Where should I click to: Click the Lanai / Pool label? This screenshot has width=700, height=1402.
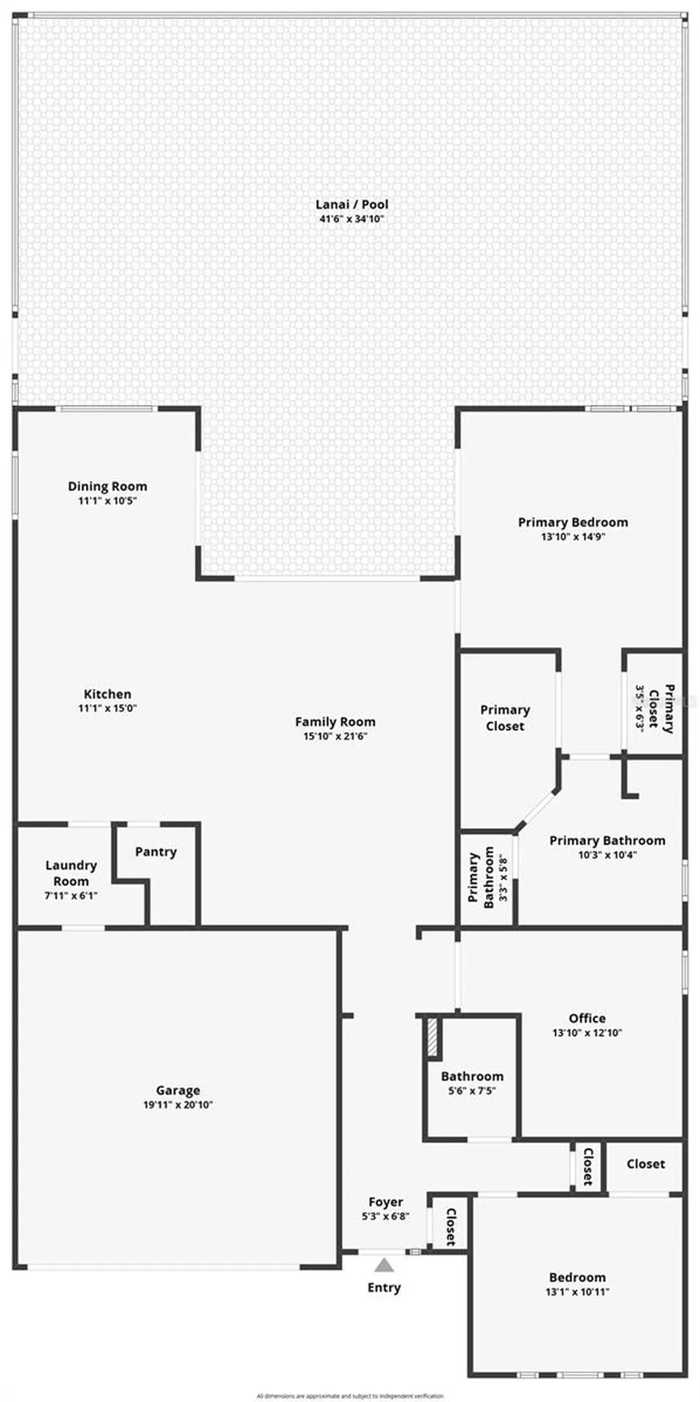351,204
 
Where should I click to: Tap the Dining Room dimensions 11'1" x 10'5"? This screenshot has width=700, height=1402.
107,501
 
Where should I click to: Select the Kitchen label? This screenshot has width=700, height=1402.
107,694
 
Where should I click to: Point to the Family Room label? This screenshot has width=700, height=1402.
335,721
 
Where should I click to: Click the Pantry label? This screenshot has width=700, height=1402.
156,851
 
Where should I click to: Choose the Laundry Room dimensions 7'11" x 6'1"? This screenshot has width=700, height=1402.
71,895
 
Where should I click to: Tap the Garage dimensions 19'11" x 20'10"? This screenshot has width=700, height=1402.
178,1105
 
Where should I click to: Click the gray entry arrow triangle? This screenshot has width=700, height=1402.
384,1265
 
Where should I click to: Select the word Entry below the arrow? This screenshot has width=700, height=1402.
384,1287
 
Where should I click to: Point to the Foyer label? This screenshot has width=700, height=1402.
385,1202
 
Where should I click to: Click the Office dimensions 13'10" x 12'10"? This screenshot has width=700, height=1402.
587,1033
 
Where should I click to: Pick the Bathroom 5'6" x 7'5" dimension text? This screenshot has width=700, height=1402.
472,1091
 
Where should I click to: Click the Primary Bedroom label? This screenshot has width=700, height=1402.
573,522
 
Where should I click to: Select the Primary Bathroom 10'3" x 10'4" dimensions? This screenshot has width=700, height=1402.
607,854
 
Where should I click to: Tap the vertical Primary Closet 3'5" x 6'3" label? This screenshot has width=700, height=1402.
654,708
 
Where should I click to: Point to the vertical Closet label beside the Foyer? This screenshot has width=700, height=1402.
451,1227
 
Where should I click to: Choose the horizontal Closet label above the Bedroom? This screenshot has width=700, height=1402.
646,1164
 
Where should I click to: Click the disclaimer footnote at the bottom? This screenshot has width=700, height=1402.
350,1395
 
